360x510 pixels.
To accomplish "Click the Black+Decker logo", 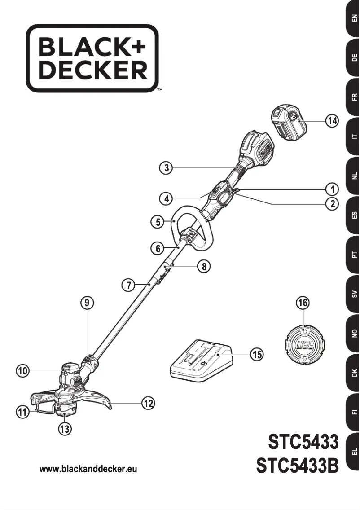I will pos(92,58).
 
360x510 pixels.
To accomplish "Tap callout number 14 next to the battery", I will pos(332,121).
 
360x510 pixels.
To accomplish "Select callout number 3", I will pos(167,168).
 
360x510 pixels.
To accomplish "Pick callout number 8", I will pos(204,266).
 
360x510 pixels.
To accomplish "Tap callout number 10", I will pos(22,371).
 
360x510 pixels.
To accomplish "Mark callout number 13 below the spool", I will pos(66,429).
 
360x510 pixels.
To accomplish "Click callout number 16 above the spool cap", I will pos(303,303).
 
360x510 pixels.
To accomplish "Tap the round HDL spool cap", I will pos(303,345).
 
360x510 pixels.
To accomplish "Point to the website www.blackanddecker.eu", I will pos(88,469).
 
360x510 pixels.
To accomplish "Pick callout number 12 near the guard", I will pos(149,404).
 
